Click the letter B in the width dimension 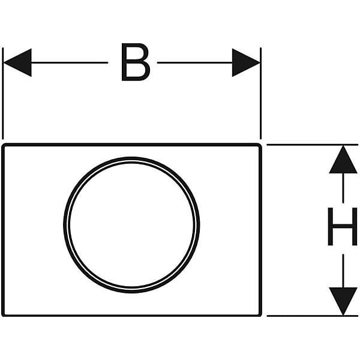coord(136,62)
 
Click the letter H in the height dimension coord(343,226)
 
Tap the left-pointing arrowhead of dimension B coord(17,62)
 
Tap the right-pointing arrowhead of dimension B coord(246,62)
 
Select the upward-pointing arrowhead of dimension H coord(343,160)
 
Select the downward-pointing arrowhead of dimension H coord(343,301)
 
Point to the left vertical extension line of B coord(3,94)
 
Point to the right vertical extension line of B coord(260,94)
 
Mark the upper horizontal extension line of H coord(312,145)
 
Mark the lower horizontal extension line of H coord(312,316)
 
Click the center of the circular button coord(131,225)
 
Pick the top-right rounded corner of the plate coord(260,145)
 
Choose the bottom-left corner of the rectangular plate coord(3,316)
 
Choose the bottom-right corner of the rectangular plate coord(260,316)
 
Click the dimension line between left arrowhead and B coord(70,62)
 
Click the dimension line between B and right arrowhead coord(194,62)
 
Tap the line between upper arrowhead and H coord(343,188)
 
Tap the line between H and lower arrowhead coord(343,271)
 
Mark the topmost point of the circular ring coord(131,158)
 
